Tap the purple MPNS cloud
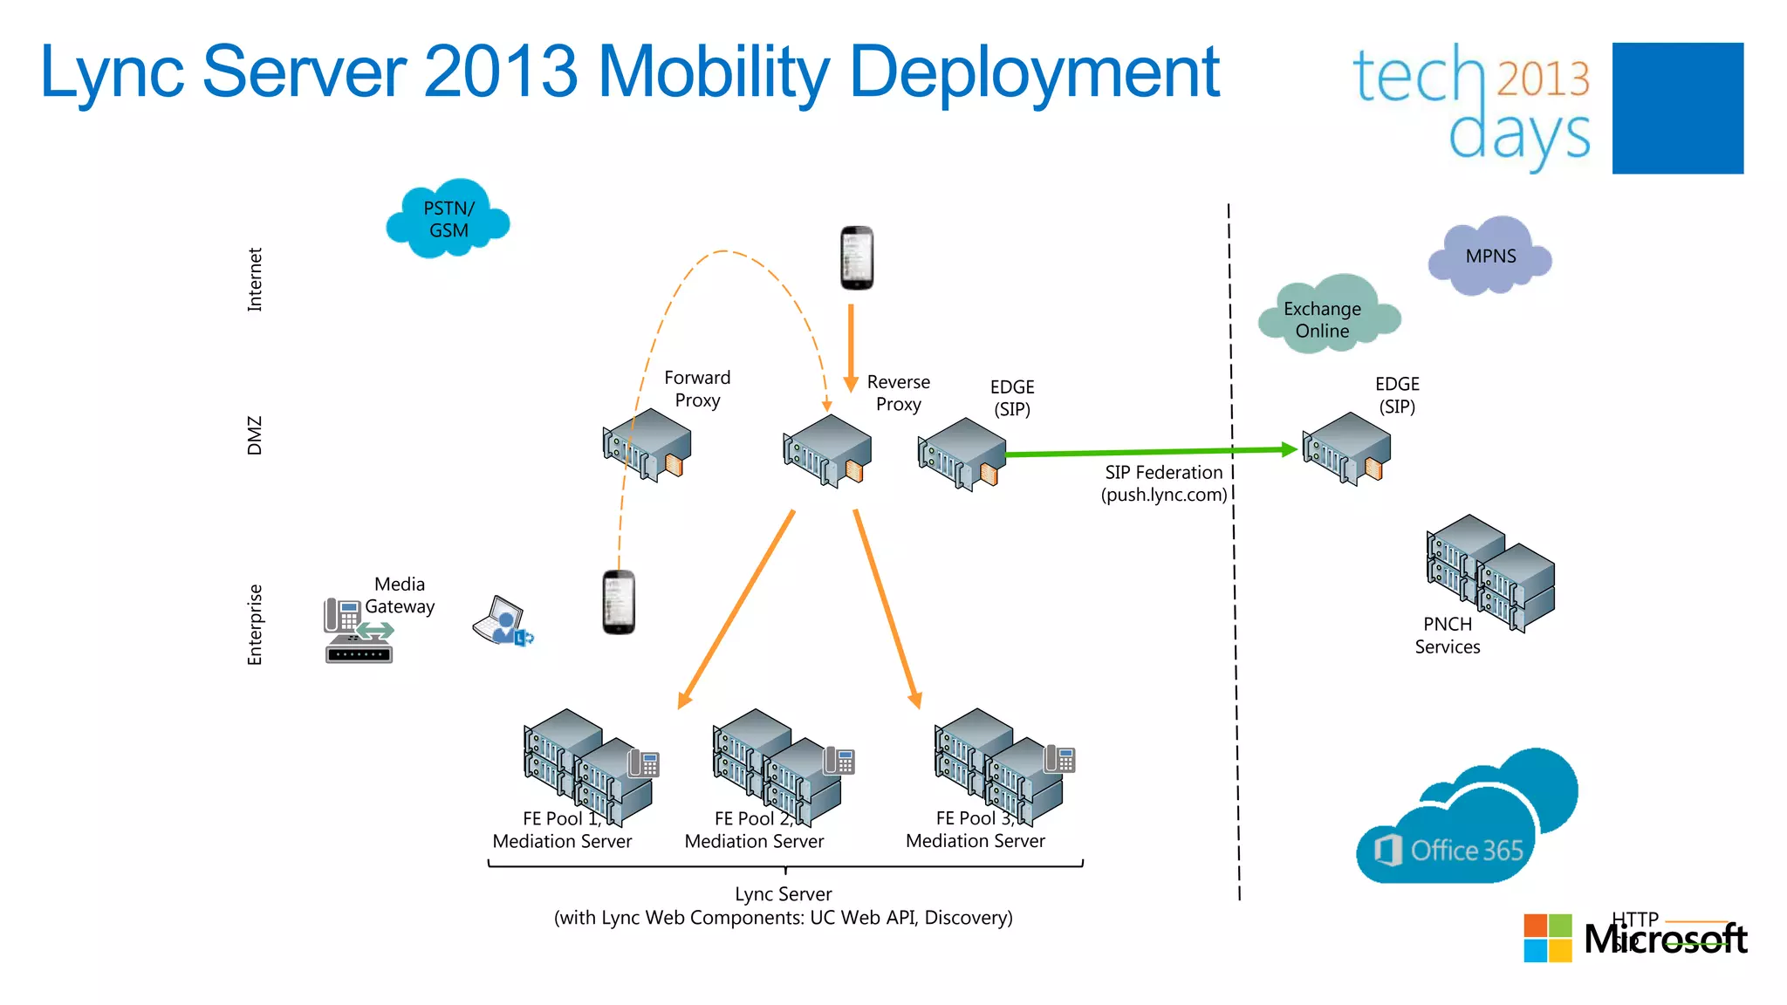pos(1489,256)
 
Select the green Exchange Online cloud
pos(1325,318)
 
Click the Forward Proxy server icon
pos(647,445)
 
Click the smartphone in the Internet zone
pos(856,258)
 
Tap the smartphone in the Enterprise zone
pos(619,602)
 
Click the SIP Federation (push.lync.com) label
pos(1163,483)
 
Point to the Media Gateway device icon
pos(358,631)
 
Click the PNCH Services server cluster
pos(1490,571)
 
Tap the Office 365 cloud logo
pos(1466,820)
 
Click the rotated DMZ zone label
pos(254,434)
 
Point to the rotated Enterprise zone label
pos(254,625)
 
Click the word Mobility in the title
pos(714,72)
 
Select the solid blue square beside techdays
pos(1677,108)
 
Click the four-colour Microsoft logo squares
pos(1547,938)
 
